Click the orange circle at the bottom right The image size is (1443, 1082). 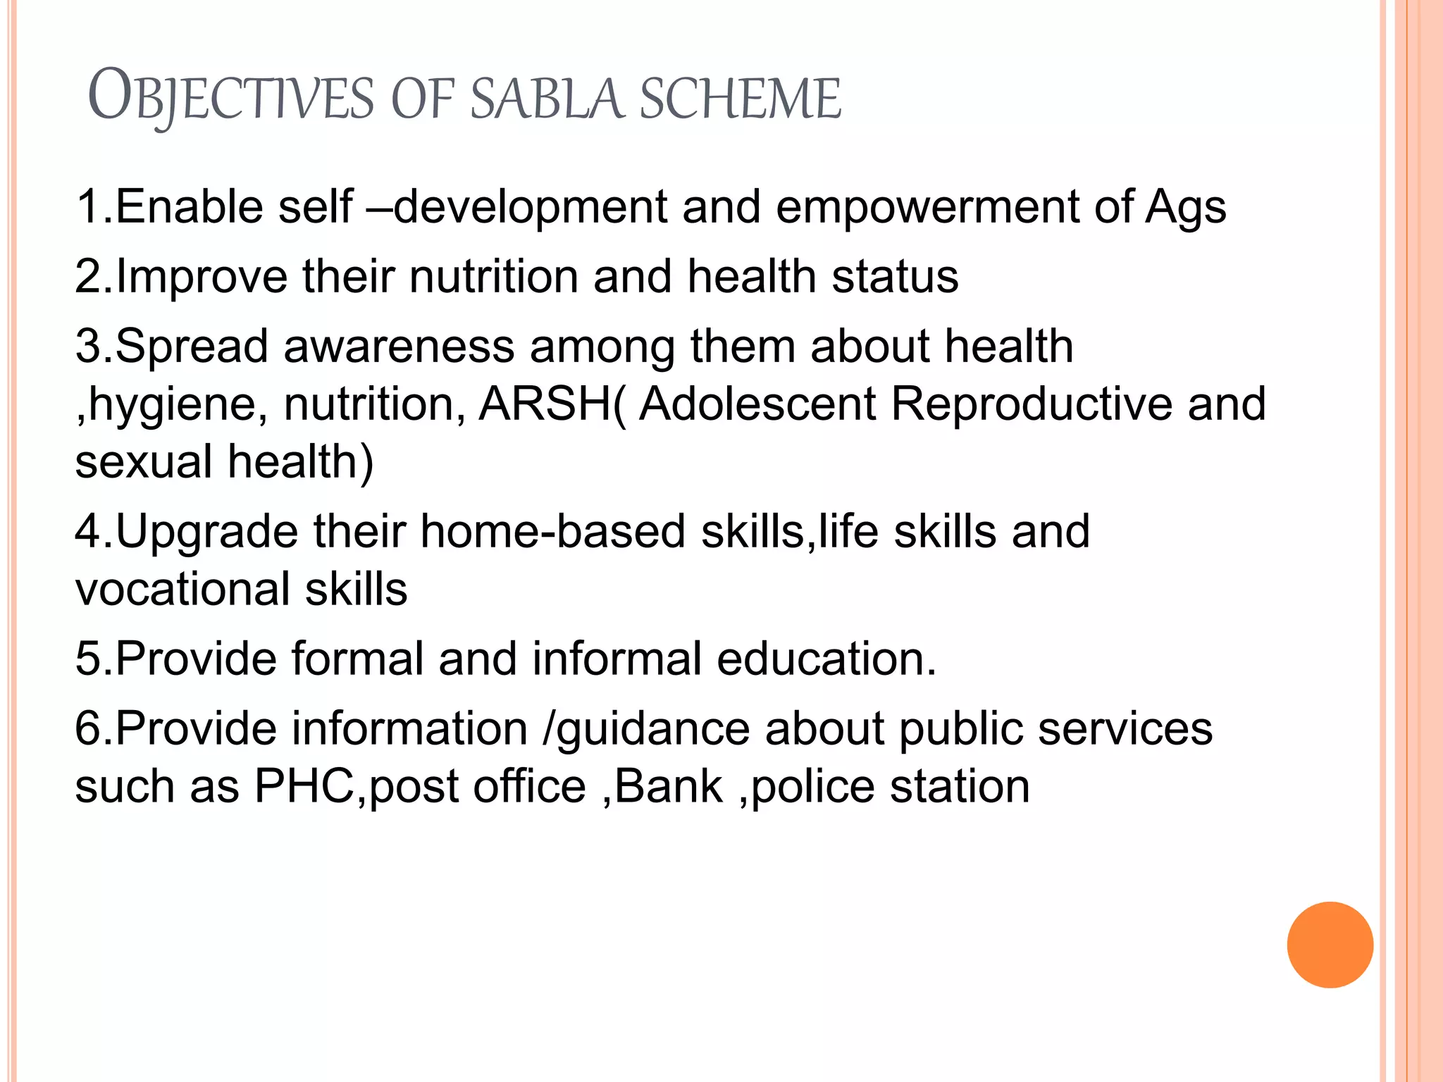pos(1330,945)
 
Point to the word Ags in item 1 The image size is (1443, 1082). pos(1186,209)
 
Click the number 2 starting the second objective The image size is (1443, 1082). pos(89,276)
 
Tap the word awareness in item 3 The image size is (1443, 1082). pos(399,347)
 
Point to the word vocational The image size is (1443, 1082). pos(182,590)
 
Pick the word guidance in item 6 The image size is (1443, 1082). pos(652,729)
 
